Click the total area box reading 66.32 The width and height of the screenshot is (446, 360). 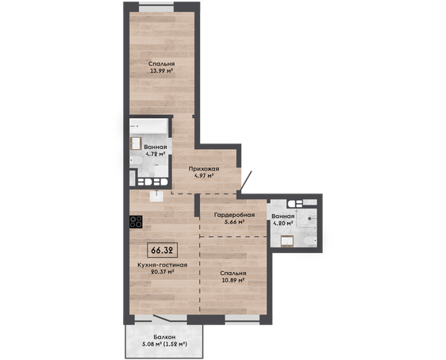pyautogui.click(x=163, y=250)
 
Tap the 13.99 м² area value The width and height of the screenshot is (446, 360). pyautogui.click(x=162, y=71)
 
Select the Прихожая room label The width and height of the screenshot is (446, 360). pyautogui.click(x=204, y=169)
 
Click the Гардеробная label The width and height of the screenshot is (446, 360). pyautogui.click(x=234, y=215)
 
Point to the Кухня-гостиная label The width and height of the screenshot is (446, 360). pyautogui.click(x=163, y=265)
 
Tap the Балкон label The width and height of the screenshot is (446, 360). pyautogui.click(x=164, y=337)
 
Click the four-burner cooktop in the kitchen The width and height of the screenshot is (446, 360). pyautogui.click(x=136, y=222)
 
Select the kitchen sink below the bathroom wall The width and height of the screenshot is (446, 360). pyautogui.click(x=156, y=196)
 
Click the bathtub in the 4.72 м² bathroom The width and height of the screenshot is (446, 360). pyautogui.click(x=148, y=126)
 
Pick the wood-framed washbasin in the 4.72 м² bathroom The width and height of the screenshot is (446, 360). pyautogui.click(x=136, y=144)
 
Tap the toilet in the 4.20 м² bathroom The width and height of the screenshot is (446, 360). pyautogui.click(x=310, y=242)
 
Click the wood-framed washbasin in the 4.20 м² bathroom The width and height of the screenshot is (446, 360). pyautogui.click(x=287, y=242)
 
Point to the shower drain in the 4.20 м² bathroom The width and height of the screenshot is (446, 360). pyautogui.click(x=310, y=219)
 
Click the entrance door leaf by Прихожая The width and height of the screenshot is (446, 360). pyautogui.click(x=246, y=182)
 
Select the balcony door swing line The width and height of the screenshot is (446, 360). pyautogui.click(x=162, y=318)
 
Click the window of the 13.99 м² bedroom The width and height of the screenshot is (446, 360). pyautogui.click(x=156, y=7)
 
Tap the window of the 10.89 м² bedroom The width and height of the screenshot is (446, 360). pyautogui.click(x=242, y=320)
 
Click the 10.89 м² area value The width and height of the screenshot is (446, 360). pyautogui.click(x=233, y=281)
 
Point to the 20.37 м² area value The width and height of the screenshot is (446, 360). pyautogui.click(x=163, y=272)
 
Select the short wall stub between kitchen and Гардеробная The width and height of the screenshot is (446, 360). pyautogui.click(x=197, y=205)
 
